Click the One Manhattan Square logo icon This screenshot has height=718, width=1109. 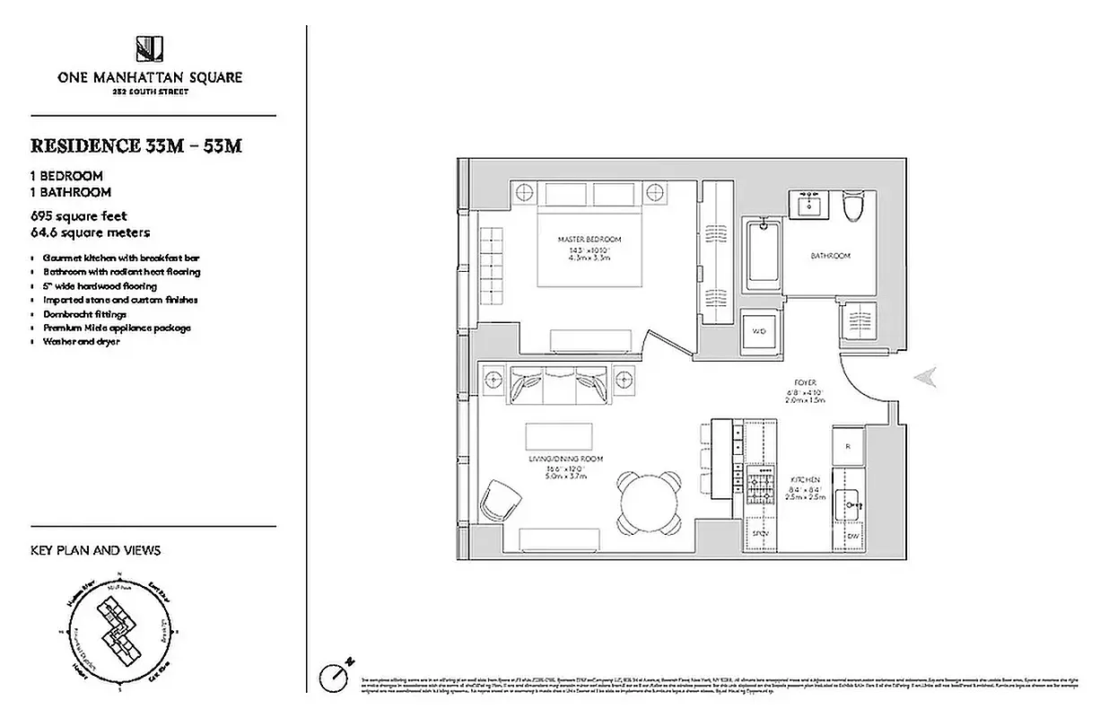[149, 48]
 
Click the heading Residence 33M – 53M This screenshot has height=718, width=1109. [135, 146]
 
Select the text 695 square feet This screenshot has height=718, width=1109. [79, 216]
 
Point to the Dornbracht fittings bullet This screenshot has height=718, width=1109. [85, 314]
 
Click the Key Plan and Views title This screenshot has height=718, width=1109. [96, 550]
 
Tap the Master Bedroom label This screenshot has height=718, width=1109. [589, 240]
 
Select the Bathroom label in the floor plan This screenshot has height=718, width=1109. [830, 256]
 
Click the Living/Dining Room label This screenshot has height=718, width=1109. [565, 459]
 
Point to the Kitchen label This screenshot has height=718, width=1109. [804, 480]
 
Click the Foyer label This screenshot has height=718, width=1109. [804, 382]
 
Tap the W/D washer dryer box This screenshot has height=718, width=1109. [759, 330]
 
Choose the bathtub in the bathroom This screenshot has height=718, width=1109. [764, 257]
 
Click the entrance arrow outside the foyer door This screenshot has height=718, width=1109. [925, 378]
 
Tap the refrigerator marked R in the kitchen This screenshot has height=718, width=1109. [849, 444]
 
